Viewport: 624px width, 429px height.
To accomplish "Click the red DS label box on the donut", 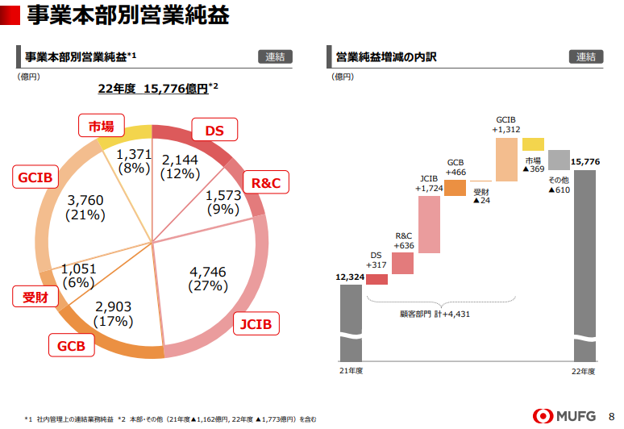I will coord(214,130).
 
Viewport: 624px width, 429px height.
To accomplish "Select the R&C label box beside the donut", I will coord(266,183).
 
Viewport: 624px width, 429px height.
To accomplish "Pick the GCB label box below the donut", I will coord(72,347).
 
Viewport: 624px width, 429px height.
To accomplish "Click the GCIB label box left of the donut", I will coord(35,177).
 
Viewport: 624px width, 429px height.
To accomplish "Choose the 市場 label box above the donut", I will coord(101,125).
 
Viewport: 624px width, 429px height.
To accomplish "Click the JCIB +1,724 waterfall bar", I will coord(429,225).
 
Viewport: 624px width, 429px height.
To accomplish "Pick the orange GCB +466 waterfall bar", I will coord(456,188).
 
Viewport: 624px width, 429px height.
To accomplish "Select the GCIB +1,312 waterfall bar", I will coord(506,158).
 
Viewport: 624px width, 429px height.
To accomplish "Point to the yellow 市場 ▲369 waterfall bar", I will coord(533,144).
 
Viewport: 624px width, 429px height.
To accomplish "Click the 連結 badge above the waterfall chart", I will coord(586,56).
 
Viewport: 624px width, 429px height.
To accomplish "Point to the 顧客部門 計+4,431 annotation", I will coord(435,314).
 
